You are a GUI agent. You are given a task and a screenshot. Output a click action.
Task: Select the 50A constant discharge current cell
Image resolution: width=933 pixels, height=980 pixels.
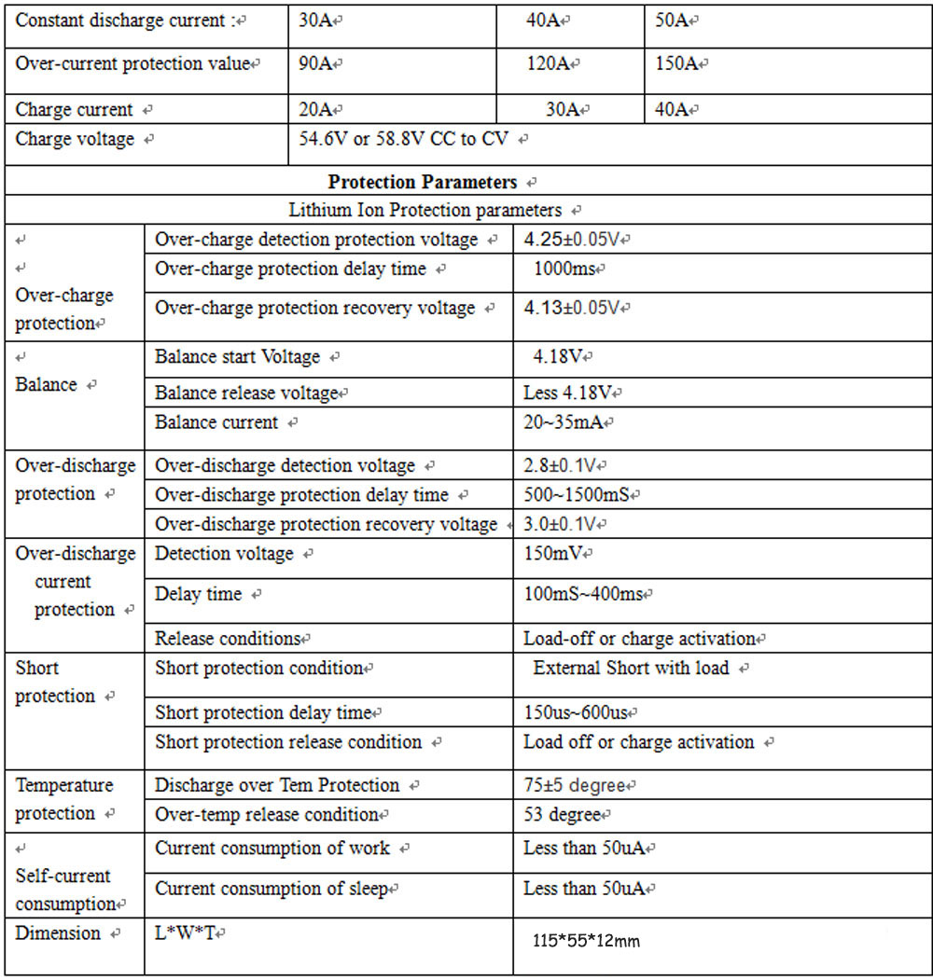[x=672, y=20]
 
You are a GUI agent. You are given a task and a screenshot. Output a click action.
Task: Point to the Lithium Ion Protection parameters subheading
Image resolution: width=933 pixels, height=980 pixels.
[x=425, y=211]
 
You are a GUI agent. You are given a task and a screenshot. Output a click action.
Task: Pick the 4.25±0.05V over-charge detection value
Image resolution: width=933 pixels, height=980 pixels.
[x=572, y=240]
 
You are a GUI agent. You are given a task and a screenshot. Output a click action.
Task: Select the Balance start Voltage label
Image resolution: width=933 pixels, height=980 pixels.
[x=238, y=357]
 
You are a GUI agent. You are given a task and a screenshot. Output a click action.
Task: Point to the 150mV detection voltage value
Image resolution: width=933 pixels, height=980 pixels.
[x=552, y=554]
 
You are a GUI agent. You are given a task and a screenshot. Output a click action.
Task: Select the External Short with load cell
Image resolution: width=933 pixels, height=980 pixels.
[x=632, y=669]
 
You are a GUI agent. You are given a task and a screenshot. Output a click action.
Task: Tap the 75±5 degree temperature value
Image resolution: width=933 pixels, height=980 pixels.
[x=574, y=786]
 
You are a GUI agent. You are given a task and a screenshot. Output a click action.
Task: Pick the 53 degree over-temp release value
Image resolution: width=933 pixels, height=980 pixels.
[x=562, y=815]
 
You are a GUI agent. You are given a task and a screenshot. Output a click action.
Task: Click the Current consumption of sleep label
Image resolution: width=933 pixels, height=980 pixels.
[x=272, y=889]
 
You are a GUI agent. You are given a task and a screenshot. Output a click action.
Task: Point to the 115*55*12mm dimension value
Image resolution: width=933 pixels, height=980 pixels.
[x=586, y=942]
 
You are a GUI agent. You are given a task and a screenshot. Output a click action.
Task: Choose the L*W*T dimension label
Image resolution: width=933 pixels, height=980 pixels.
[x=186, y=933]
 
